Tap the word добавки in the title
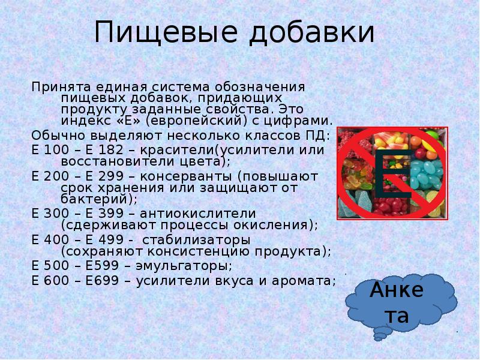click(x=311, y=32)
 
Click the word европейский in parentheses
click(x=196, y=121)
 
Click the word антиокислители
click(x=197, y=214)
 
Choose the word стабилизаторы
click(x=196, y=240)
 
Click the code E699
click(x=102, y=281)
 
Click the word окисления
click(x=275, y=226)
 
